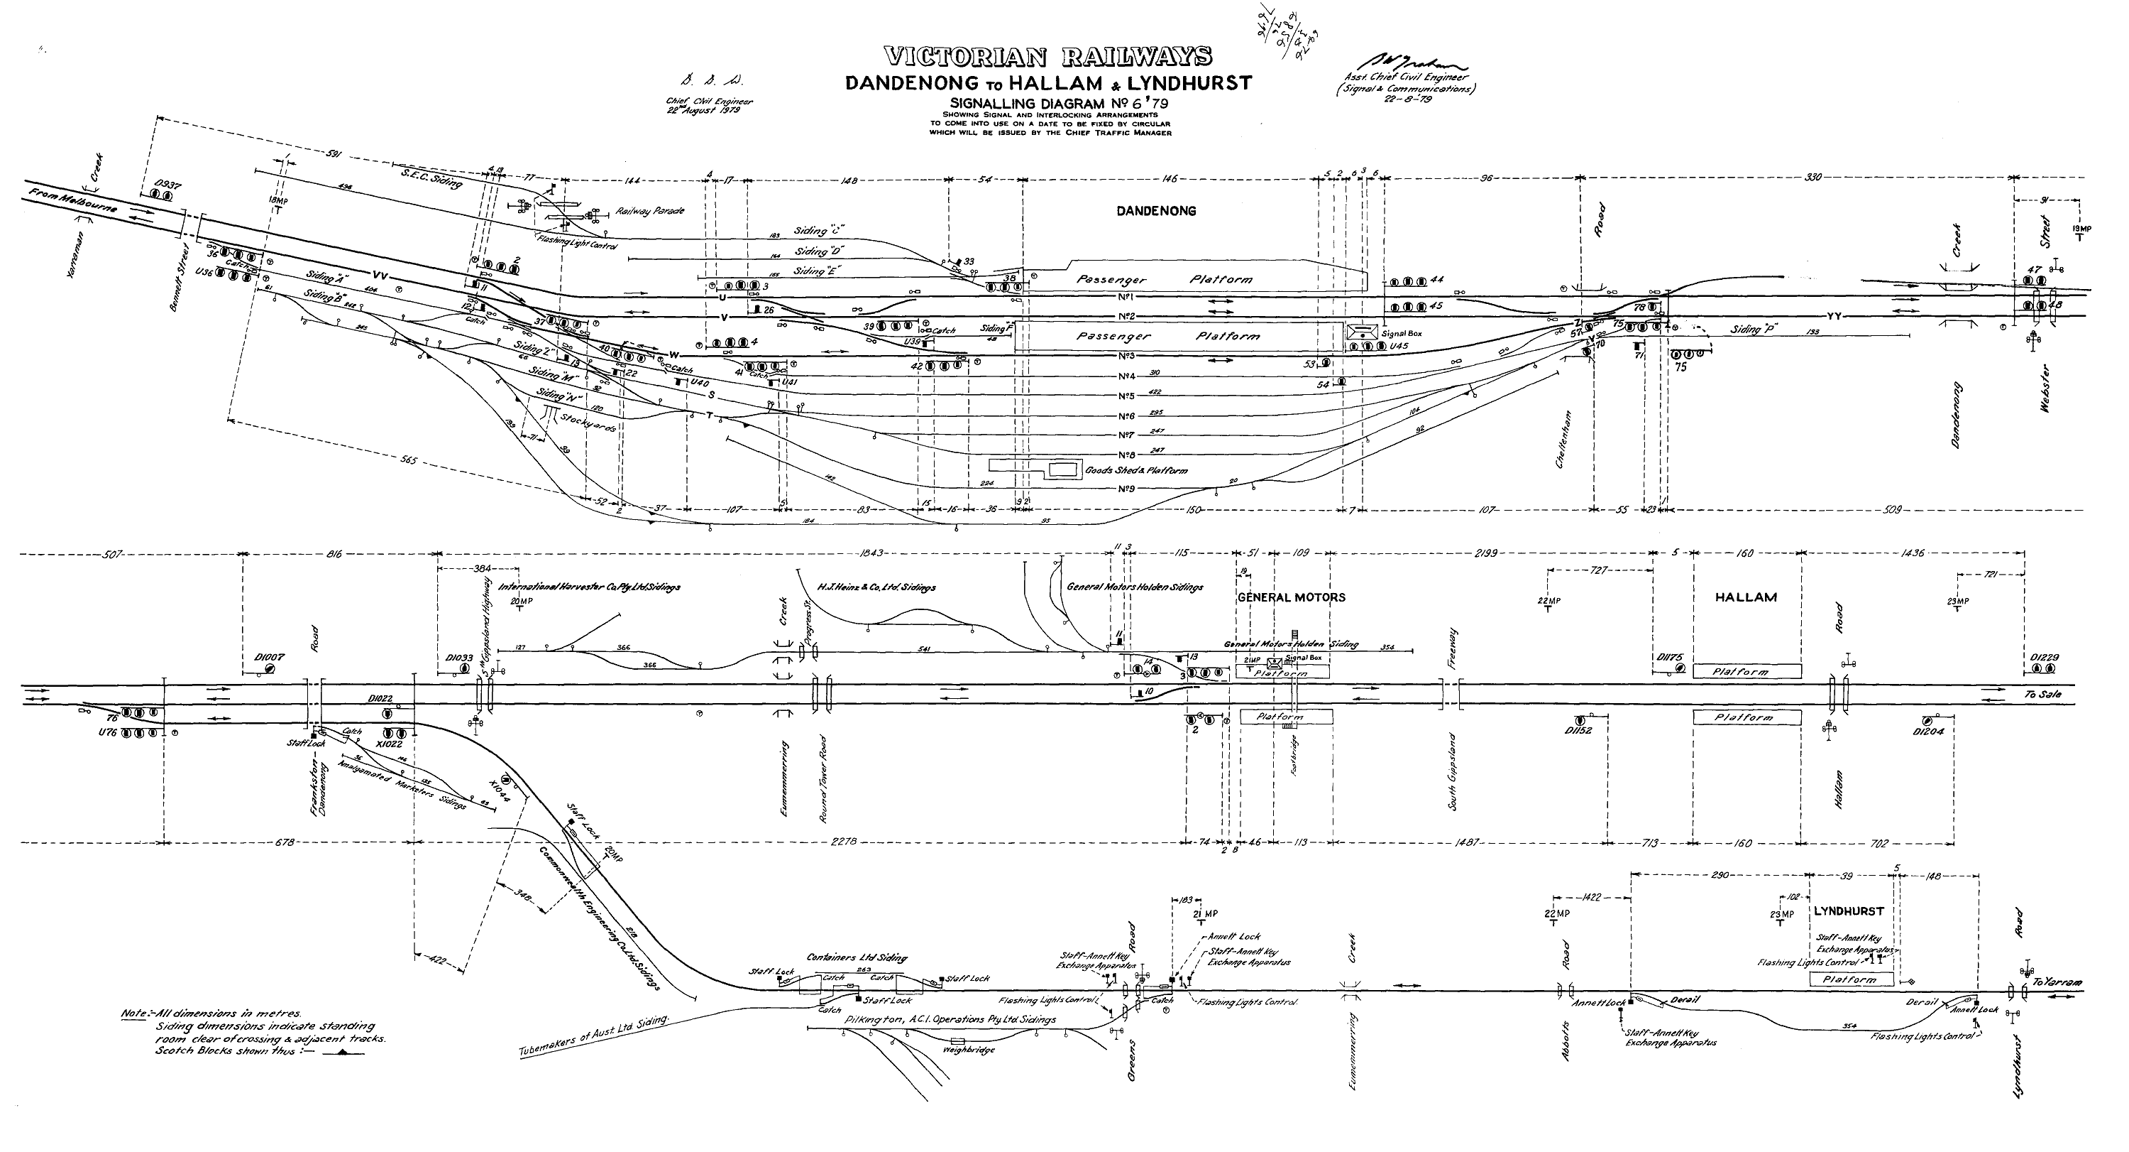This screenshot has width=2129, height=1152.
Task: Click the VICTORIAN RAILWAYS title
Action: click(1047, 57)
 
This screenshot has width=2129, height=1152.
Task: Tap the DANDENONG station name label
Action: click(1156, 211)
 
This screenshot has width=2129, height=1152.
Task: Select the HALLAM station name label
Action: click(1746, 597)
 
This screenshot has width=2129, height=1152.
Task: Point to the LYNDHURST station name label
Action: click(1849, 911)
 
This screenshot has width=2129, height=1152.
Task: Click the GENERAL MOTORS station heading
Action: click(1291, 597)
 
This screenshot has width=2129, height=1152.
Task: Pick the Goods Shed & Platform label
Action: click(1136, 471)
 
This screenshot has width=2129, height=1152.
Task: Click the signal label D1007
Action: click(270, 658)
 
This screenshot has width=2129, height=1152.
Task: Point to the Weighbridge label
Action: click(969, 1050)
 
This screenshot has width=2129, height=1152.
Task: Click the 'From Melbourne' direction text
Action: click(72, 201)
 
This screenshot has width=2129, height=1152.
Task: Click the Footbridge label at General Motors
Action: click(1294, 754)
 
